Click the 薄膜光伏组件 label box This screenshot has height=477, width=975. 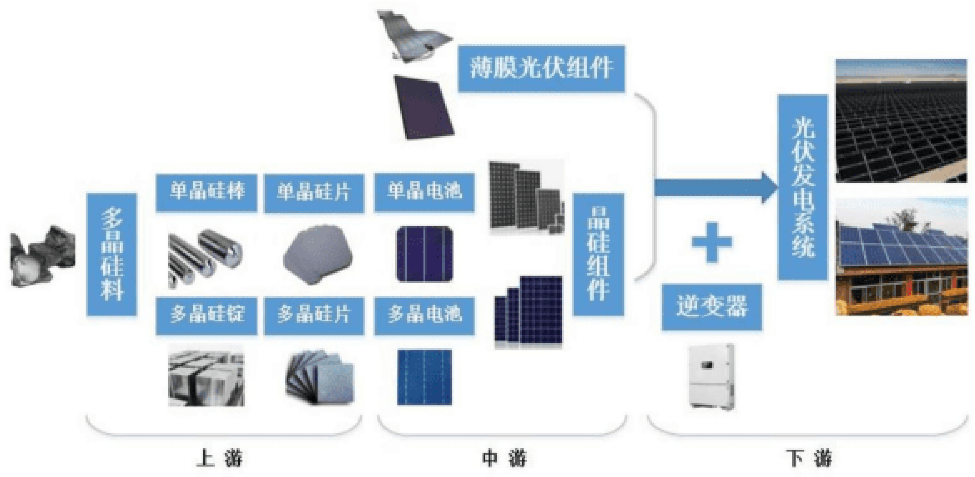click(541, 68)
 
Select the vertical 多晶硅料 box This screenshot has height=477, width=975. click(112, 254)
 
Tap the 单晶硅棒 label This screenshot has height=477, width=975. click(207, 192)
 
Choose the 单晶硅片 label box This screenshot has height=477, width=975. click(314, 193)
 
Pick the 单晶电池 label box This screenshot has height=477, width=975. click(424, 192)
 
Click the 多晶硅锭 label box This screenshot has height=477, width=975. click(207, 315)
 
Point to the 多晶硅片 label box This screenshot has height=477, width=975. click(314, 315)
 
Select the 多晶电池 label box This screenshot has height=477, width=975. click(424, 315)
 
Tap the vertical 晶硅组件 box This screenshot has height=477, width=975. click(598, 254)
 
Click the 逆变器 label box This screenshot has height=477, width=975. click(712, 307)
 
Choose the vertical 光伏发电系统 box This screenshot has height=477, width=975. click(803, 187)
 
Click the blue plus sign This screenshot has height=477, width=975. click(712, 242)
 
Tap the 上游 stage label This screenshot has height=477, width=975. click(219, 458)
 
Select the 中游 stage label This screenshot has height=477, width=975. click(504, 458)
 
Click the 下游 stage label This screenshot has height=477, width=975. click(809, 458)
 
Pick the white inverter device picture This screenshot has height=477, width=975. click(711, 376)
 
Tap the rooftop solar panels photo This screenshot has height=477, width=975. click(901, 257)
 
